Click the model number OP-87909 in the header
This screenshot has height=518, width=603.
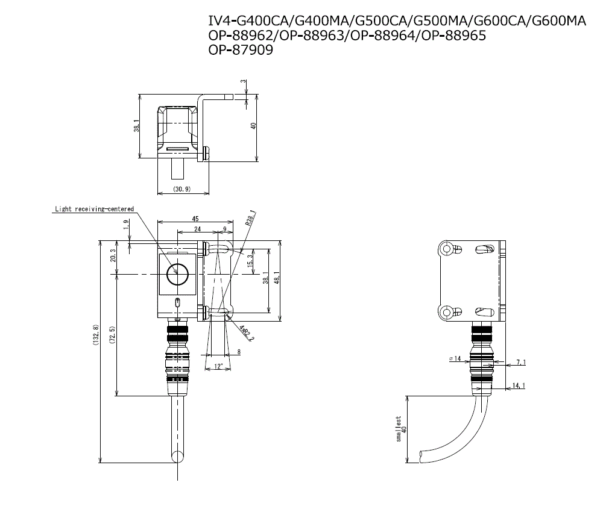[241, 51]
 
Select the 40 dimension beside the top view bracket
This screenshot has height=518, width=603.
[254, 126]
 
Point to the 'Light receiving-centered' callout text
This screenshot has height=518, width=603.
[94, 209]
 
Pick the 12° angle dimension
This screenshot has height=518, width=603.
[218, 366]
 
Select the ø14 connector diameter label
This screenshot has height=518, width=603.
[455, 358]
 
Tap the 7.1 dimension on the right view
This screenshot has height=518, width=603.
[521, 363]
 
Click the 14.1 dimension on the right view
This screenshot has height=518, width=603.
[519, 385]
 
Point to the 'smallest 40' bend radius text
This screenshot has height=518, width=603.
[401, 428]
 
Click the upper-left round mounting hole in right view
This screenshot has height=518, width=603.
[446, 249]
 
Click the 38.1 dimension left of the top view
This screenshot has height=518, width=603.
[137, 126]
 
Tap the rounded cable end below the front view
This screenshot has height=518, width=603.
[178, 456]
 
